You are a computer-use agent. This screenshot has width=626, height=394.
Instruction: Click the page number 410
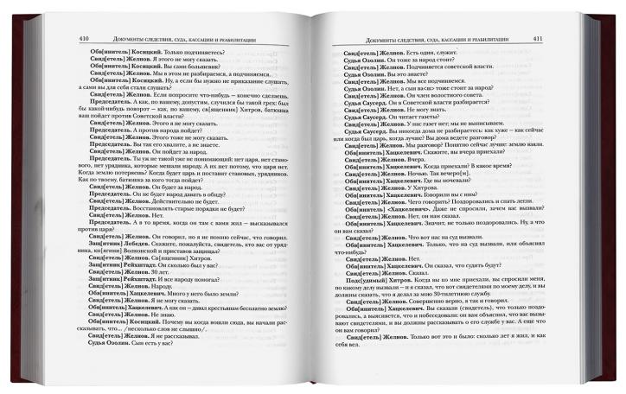coord(83,39)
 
